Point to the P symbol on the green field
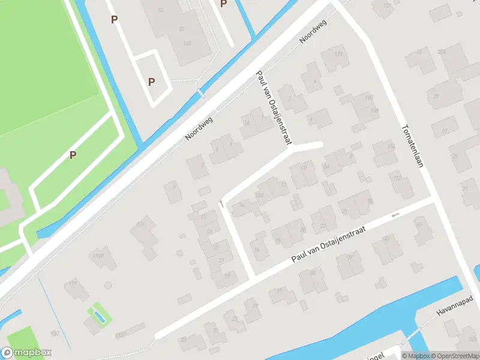coord(73,155)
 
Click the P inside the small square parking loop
coord(151,82)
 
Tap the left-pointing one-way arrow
coord(394,215)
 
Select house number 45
coord(419,225)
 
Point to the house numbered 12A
coord(260,195)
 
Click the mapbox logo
coord(26,353)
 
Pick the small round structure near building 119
coord(108,285)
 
